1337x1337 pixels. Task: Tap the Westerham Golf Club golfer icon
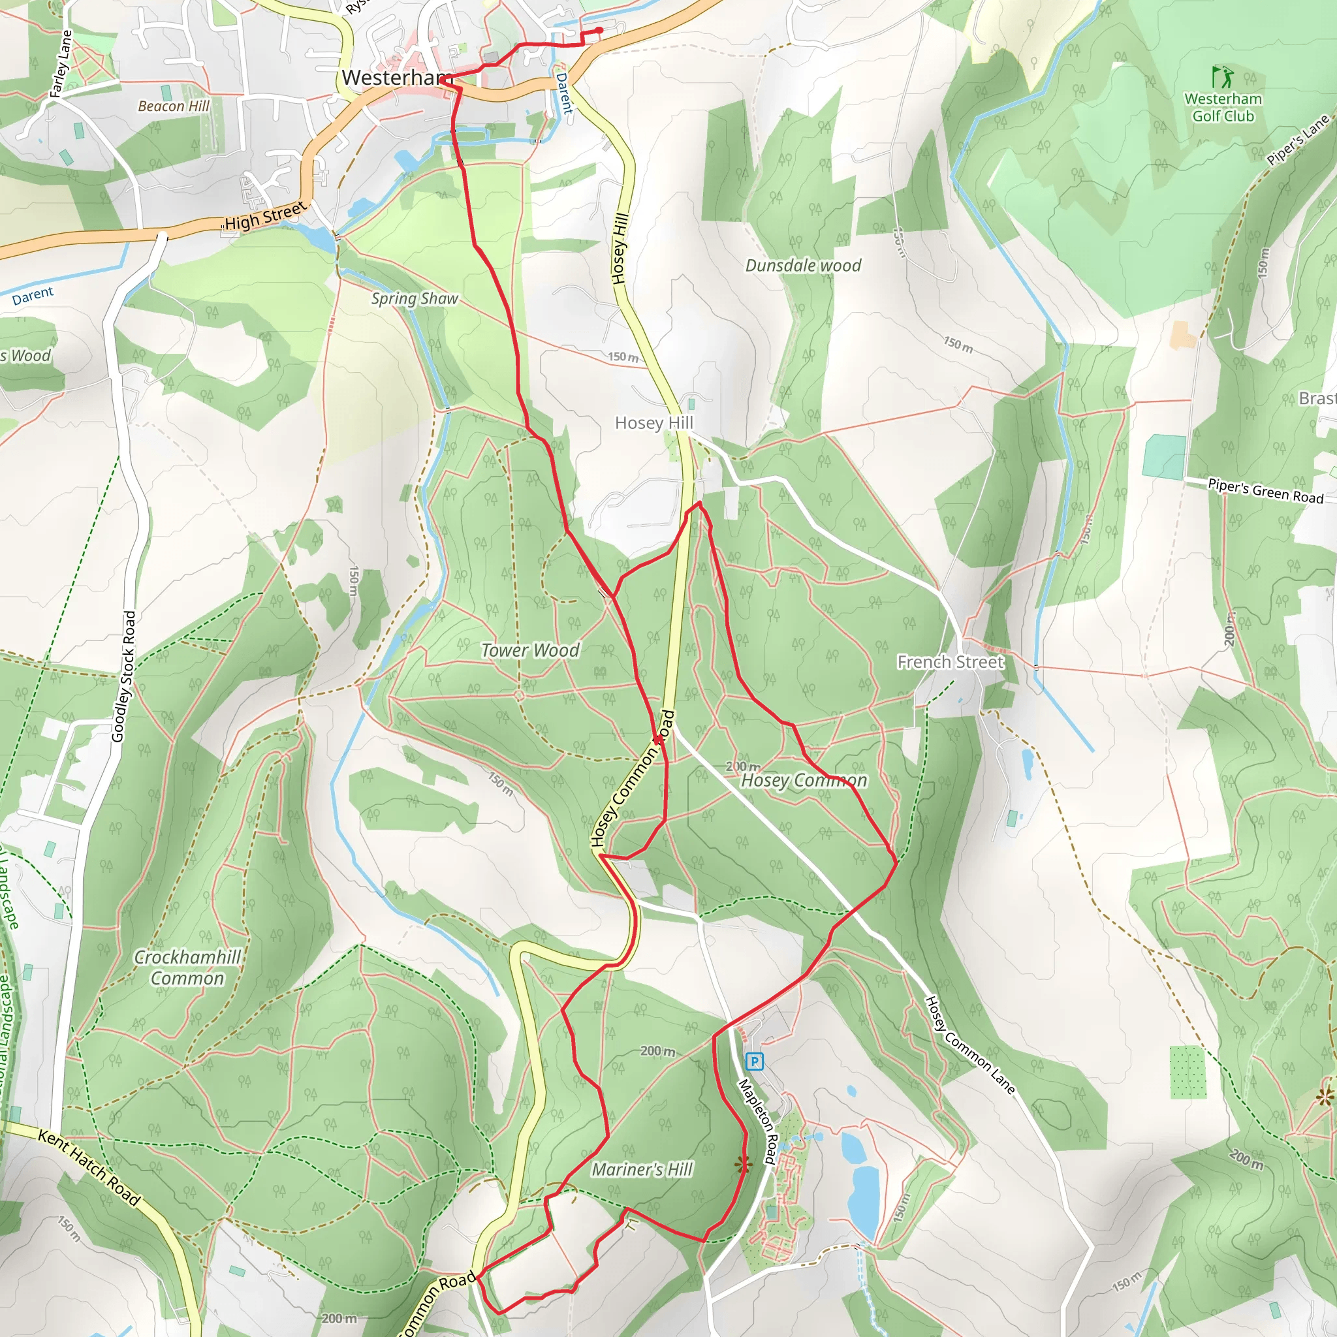[x=1223, y=76]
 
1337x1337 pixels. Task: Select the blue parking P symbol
[x=754, y=1061]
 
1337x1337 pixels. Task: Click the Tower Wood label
[x=530, y=650]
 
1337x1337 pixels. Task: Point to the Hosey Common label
[x=804, y=781]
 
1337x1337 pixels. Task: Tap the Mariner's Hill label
[x=642, y=1169]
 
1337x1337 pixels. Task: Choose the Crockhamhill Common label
[x=187, y=967]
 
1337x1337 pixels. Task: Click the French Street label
[x=950, y=662]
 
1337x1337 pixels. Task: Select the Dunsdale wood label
[x=803, y=266]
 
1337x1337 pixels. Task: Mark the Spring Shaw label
[x=415, y=298]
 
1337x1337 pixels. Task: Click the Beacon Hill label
[x=173, y=106]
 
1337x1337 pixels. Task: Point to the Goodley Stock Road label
[x=123, y=677]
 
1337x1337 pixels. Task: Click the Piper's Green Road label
[x=1265, y=492]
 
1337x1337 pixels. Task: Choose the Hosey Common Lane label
[x=969, y=1045]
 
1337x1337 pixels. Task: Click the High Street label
[x=264, y=217]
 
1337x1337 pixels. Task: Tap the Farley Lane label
[x=61, y=64]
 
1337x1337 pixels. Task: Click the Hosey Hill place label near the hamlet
[x=653, y=423]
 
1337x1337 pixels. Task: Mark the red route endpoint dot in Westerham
[x=599, y=30]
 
